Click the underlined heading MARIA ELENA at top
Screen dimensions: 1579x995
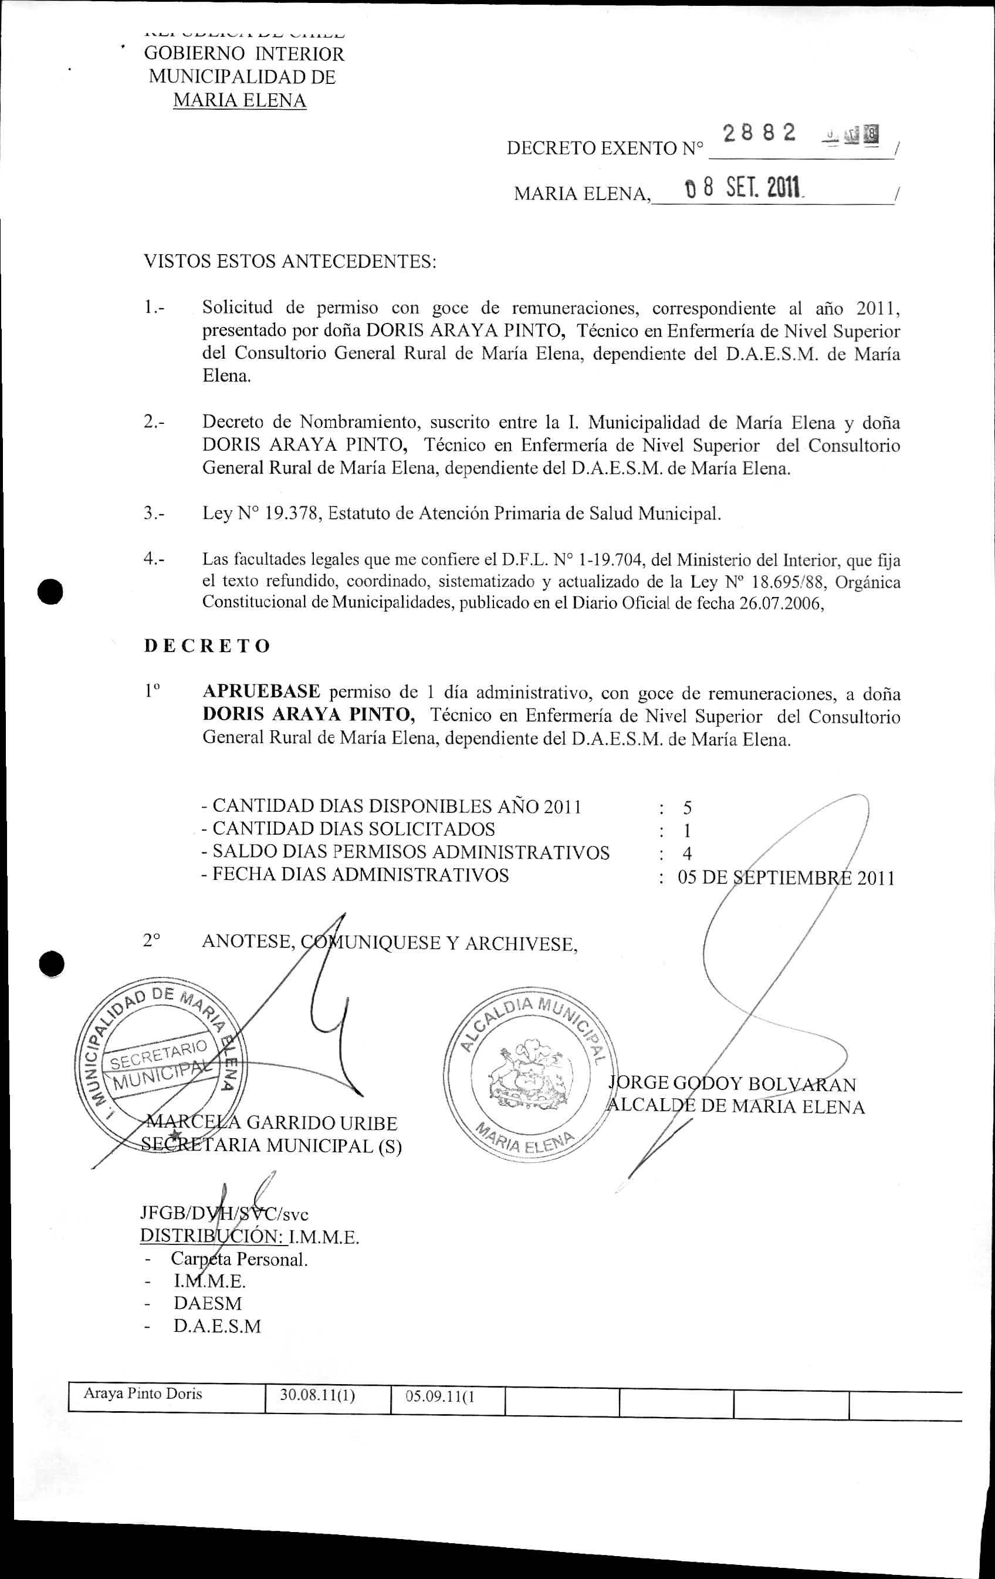coord(239,101)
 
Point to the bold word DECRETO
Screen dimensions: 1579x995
coord(207,646)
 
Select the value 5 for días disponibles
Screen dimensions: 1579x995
coord(687,808)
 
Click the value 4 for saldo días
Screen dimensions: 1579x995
coord(687,853)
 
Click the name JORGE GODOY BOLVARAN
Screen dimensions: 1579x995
coord(733,1085)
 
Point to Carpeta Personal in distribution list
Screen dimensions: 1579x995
coord(239,1260)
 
